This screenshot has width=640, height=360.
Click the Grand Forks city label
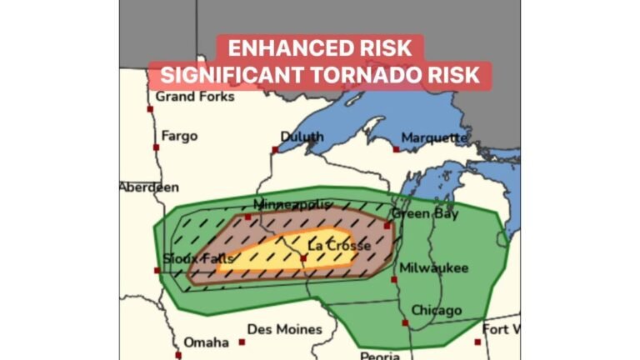[x=195, y=96]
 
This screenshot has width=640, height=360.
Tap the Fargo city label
[x=179, y=136]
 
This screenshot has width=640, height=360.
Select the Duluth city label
[x=302, y=137]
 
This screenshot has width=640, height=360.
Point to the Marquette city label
[x=434, y=137]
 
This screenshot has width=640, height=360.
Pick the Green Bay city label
[x=425, y=213]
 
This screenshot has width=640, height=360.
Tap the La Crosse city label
[x=339, y=246]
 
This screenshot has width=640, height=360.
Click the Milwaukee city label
[x=433, y=267]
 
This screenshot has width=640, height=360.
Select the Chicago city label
[x=435, y=310]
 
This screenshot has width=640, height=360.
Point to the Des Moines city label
[x=284, y=328]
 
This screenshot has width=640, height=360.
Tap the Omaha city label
[x=206, y=342]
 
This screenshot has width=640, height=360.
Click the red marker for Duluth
[x=275, y=150]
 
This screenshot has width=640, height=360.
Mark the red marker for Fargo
[x=156, y=147]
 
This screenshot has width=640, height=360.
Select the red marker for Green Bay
[x=387, y=224]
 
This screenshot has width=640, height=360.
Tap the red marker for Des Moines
[x=242, y=342]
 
